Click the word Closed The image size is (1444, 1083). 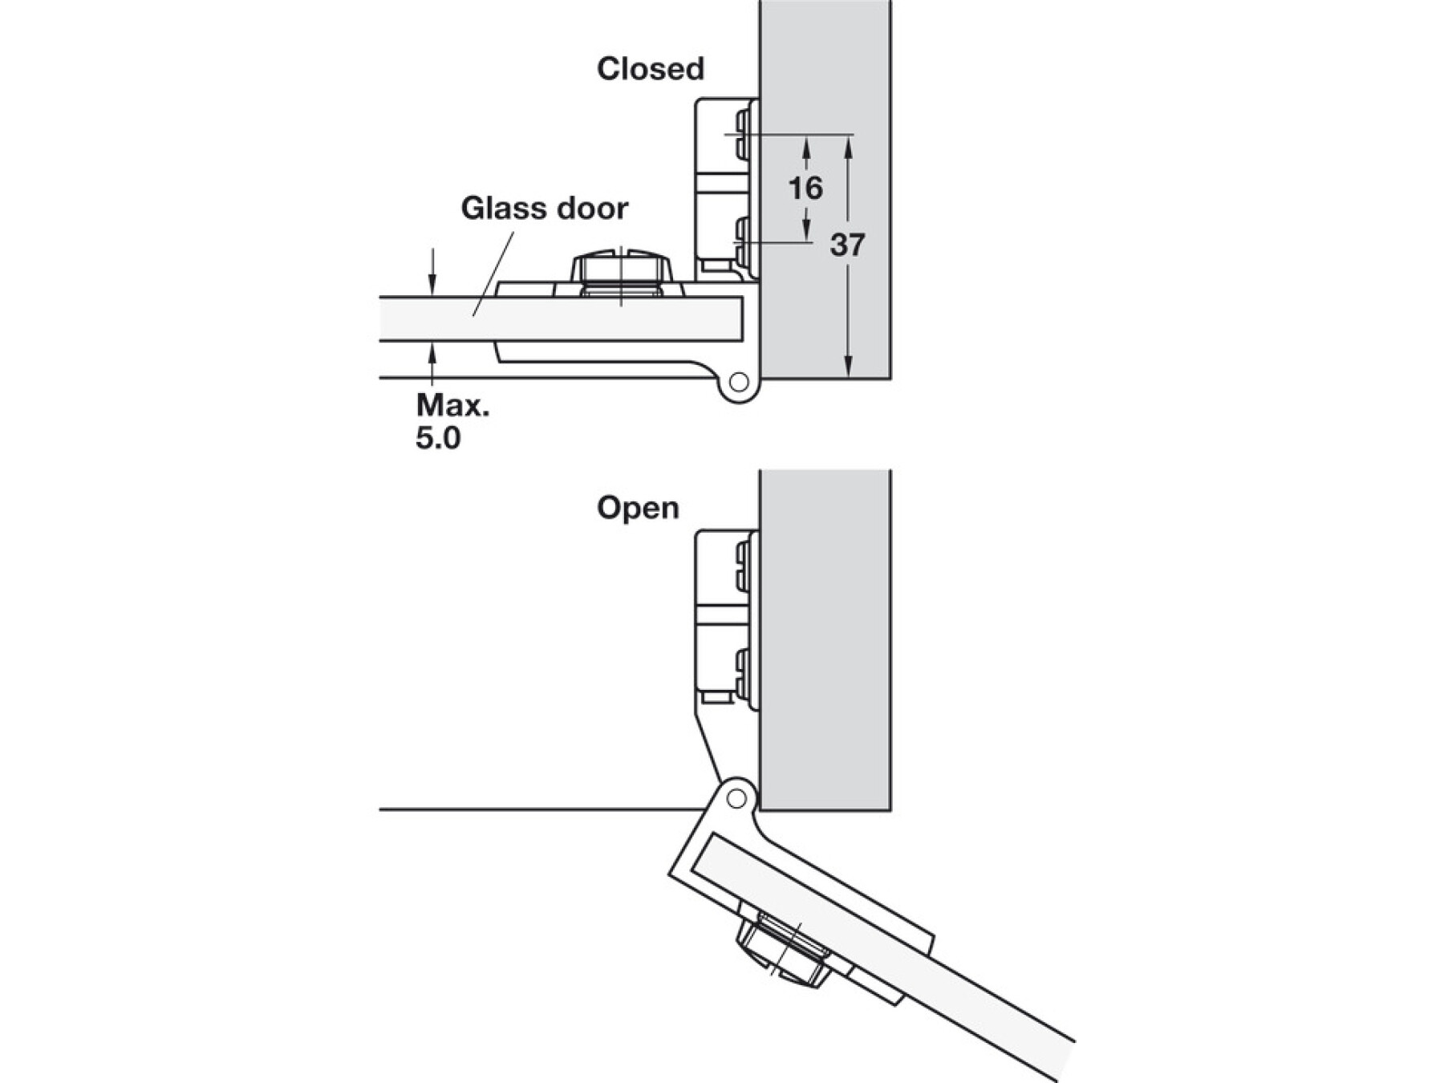click(x=651, y=69)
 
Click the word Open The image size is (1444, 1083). click(x=638, y=508)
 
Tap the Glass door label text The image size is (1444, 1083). click(x=545, y=209)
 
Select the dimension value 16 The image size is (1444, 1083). click(x=805, y=189)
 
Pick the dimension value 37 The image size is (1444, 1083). click(x=847, y=245)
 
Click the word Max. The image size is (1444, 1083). click(x=452, y=405)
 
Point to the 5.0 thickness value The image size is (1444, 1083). click(x=438, y=439)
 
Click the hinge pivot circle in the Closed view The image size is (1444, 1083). click(x=739, y=382)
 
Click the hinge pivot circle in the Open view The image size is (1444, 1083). click(x=736, y=798)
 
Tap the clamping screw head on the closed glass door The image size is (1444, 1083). click(x=622, y=270)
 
